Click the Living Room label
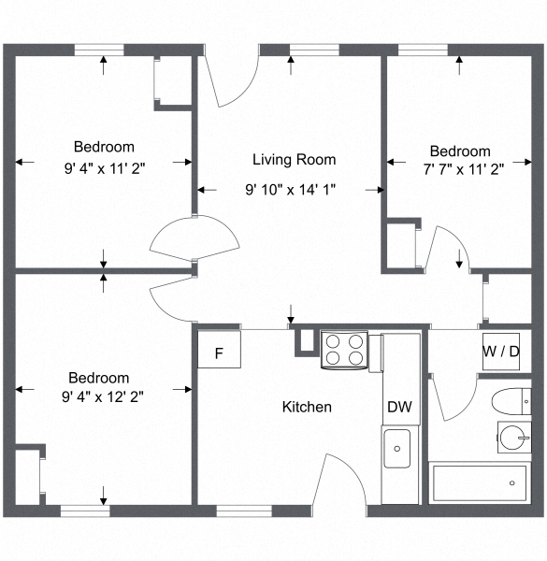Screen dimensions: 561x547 click(x=294, y=160)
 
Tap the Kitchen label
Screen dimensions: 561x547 click(x=307, y=407)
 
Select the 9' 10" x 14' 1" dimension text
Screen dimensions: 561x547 click(x=290, y=189)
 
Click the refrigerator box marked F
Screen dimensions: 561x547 click(x=220, y=352)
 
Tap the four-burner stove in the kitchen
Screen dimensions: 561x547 click(x=344, y=350)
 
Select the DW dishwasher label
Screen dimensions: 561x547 click(x=398, y=407)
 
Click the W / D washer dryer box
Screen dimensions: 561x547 click(x=502, y=352)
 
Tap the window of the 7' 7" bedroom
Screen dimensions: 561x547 click(x=422, y=49)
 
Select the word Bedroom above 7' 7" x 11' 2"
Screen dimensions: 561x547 click(x=459, y=151)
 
